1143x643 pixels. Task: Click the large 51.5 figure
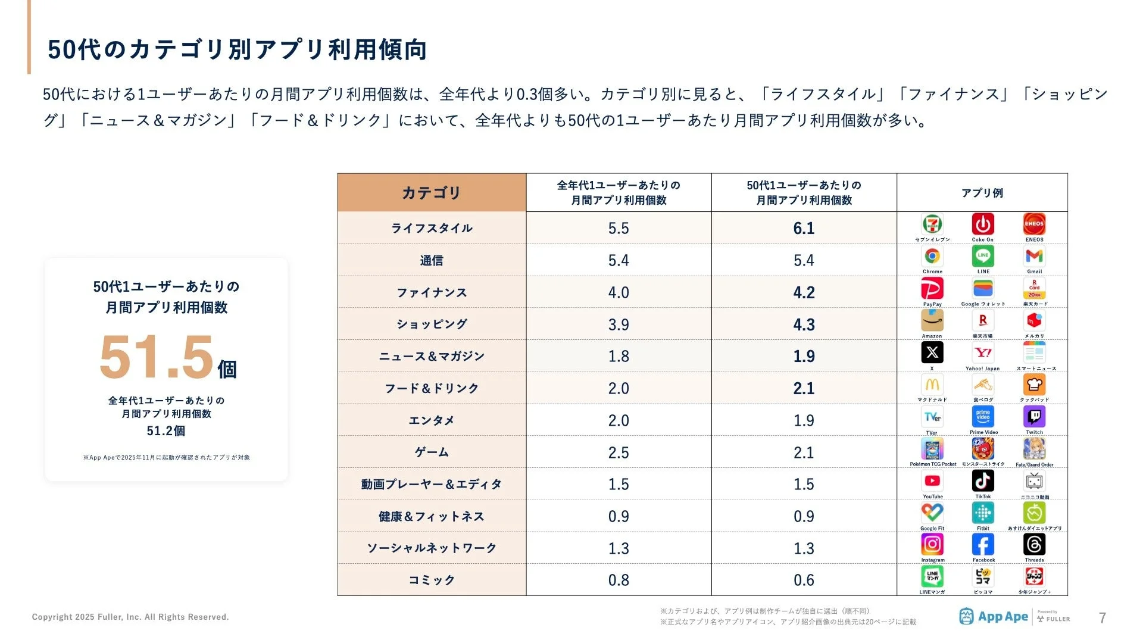(156, 357)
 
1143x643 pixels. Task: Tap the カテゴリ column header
(432, 193)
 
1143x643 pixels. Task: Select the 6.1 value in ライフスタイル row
(804, 228)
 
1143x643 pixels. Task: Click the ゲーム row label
(432, 452)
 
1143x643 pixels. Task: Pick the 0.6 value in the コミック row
(804, 580)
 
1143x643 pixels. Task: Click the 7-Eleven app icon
(932, 224)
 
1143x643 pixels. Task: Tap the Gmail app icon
(1034, 257)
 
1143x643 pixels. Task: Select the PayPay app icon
(932, 289)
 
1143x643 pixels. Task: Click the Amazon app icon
(932, 321)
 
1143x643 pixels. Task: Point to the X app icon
(932, 353)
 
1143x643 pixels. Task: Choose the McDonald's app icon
(932, 385)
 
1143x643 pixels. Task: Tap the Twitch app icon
(1034, 417)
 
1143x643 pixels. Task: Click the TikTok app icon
(983, 481)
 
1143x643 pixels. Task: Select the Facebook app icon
(983, 545)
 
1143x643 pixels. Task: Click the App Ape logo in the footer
(994, 617)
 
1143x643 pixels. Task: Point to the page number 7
(1102, 618)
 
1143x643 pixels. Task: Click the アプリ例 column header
(982, 193)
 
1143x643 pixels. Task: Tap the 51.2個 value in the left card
(166, 430)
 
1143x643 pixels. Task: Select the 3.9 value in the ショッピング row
(619, 324)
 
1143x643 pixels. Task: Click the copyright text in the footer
(130, 617)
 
